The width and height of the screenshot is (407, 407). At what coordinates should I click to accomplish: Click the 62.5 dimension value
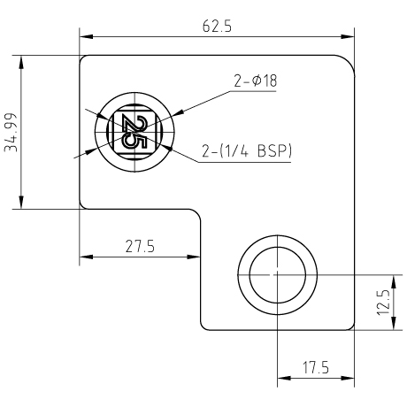coord(217,27)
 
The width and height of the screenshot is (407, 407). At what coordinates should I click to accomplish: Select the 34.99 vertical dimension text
coord(12,133)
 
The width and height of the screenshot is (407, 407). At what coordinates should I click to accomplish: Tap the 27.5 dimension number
coord(140,246)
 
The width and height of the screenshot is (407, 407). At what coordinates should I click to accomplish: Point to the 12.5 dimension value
coord(384,303)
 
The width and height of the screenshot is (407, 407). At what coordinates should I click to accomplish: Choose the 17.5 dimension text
coord(316,368)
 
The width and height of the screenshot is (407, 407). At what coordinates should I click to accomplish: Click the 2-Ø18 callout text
coord(256,81)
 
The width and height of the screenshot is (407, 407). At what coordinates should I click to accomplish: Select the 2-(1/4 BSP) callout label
coord(247,151)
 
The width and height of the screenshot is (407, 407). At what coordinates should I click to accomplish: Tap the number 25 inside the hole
coord(134,132)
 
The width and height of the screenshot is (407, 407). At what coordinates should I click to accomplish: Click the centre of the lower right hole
coord(278,275)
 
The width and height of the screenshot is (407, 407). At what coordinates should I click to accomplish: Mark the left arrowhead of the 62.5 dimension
coord(86,37)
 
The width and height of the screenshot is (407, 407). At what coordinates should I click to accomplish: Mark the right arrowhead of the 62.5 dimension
coord(348,37)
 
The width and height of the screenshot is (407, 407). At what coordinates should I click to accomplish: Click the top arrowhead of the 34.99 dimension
coord(21,62)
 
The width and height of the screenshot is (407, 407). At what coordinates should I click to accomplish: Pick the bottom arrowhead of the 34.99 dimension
coord(21,202)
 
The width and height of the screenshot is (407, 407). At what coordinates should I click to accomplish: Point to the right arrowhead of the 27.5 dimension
coord(194,257)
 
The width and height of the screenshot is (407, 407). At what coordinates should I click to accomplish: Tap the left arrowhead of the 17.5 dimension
coord(284,378)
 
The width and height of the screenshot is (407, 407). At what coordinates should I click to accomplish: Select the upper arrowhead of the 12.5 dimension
coord(394,281)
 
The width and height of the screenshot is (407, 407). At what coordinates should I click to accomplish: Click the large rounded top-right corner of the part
coord(349,61)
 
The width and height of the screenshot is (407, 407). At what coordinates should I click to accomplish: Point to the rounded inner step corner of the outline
coord(197,213)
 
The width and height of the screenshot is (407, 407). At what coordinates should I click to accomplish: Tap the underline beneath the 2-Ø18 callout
coord(252,91)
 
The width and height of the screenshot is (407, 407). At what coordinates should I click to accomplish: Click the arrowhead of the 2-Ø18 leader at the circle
coord(178,113)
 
